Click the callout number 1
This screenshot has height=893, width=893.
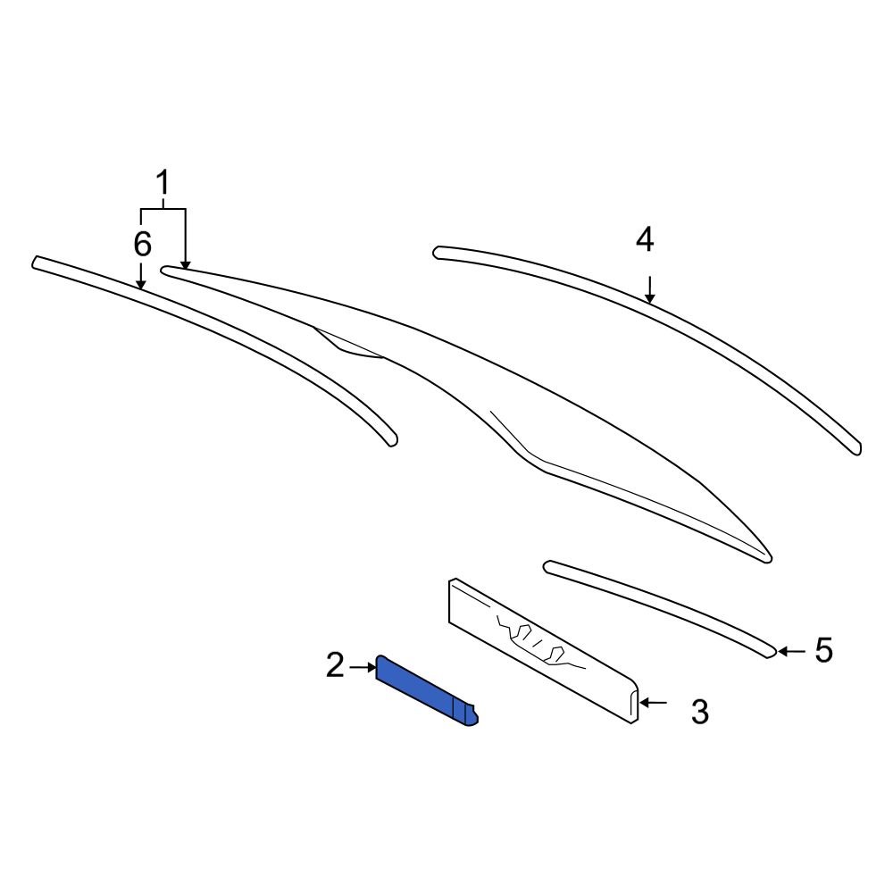pos(163,184)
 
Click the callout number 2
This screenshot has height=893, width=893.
pos(335,665)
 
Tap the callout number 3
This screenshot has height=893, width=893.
pos(700,712)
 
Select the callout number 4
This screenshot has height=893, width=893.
pos(645,239)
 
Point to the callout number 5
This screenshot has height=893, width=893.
pos(822,650)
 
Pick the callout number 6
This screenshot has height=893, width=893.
pos(143,243)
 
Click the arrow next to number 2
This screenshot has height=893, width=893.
pos(363,666)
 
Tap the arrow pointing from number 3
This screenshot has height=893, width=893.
pos(653,703)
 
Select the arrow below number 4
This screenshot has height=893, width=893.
pos(651,289)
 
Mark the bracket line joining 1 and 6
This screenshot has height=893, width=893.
pos(163,209)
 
